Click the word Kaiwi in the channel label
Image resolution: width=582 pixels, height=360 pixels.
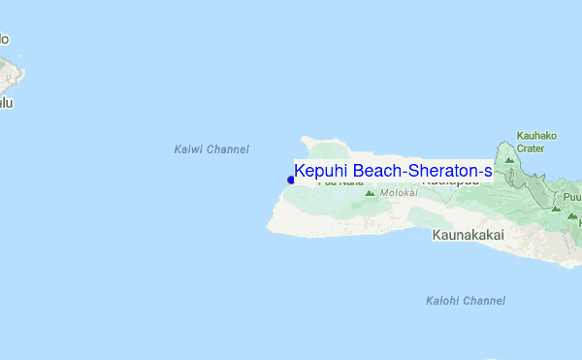point(189,149)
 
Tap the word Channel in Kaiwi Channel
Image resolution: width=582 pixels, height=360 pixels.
point(228,149)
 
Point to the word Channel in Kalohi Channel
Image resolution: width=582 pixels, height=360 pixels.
point(484,301)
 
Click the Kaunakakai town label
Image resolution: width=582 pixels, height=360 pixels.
point(469,236)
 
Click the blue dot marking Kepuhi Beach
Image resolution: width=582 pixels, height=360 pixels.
point(291,180)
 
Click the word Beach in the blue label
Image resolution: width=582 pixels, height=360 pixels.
point(377,172)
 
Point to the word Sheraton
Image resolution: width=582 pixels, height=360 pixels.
point(441,172)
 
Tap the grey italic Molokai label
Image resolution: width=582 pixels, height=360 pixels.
point(399,193)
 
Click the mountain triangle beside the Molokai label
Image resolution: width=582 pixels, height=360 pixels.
point(370,193)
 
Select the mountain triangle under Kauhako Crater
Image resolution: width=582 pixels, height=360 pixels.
point(509,159)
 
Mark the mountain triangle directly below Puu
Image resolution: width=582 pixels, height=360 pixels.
point(556,208)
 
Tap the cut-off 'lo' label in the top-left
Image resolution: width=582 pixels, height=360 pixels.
point(4,40)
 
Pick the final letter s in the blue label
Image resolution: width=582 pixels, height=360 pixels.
point(488,172)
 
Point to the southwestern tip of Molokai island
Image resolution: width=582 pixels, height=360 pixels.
point(269,229)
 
